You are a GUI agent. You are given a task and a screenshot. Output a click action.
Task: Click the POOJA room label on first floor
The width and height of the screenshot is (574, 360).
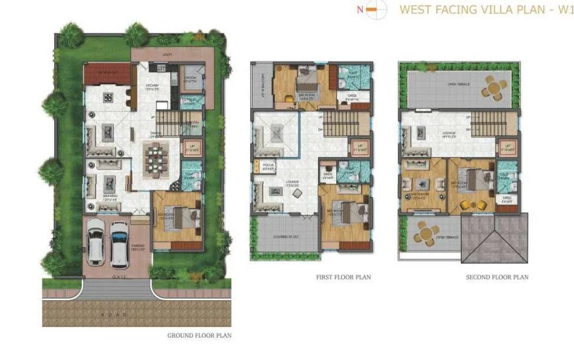tap(262, 166)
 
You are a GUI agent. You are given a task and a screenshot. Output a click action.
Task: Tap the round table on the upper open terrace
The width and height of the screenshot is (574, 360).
tap(494, 89)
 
